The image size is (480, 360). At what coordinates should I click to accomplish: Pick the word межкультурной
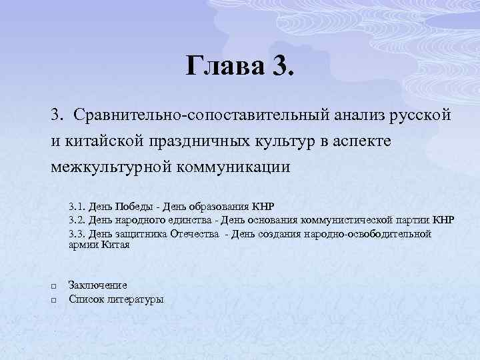(x=110, y=165)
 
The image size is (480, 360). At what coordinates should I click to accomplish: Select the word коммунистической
(x=347, y=219)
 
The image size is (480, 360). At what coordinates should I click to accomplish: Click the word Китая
(x=115, y=245)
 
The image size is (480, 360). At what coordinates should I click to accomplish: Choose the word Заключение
(x=98, y=285)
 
